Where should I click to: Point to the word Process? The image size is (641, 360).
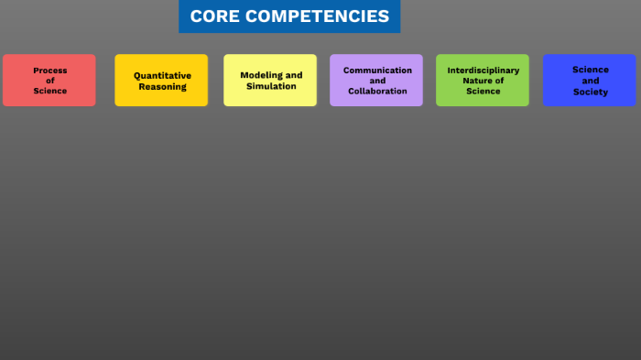[x=50, y=71]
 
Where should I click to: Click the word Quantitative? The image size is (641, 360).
[x=162, y=75]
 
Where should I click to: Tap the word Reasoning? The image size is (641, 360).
[x=162, y=86]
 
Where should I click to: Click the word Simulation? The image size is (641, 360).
[x=271, y=86]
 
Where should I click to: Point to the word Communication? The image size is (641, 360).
[x=377, y=70]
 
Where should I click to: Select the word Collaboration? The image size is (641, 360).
[x=377, y=91]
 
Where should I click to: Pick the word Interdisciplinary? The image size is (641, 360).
[x=483, y=70]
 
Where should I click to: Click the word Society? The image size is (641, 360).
[x=591, y=92]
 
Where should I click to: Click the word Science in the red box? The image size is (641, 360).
[x=50, y=91]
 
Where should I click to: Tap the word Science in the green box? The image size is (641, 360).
[x=483, y=91]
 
